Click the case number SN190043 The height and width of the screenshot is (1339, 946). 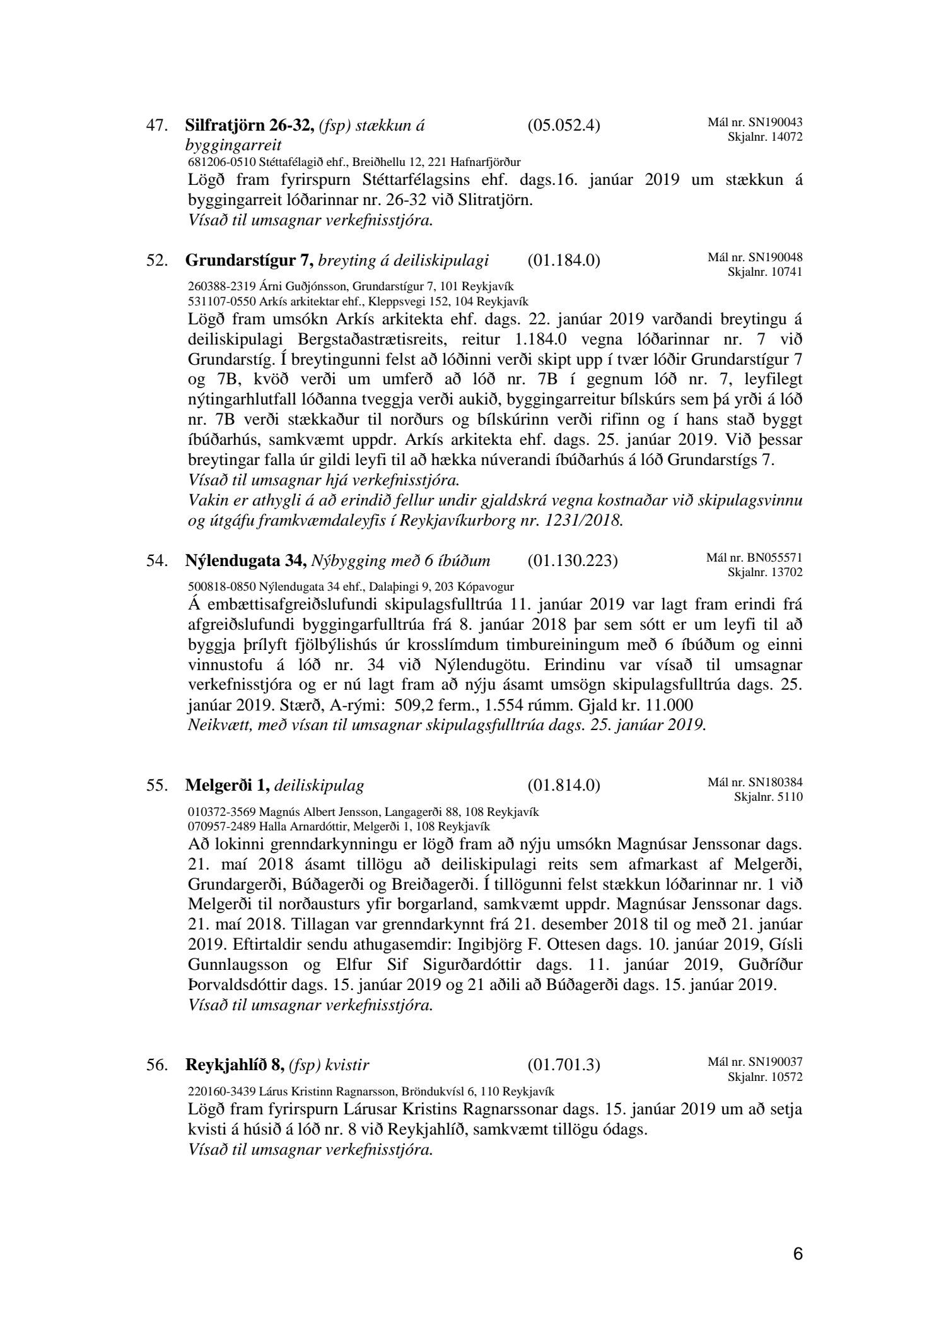pyautogui.click(x=775, y=122)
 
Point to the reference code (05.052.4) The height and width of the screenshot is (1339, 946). pyautogui.click(x=563, y=126)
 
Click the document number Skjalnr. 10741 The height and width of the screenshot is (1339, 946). pyautogui.click(x=765, y=272)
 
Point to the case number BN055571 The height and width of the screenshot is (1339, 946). pyautogui.click(x=775, y=557)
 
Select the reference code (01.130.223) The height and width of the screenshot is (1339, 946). pyautogui.click(x=572, y=560)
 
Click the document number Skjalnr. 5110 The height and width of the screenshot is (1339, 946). pyautogui.click(x=768, y=797)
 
